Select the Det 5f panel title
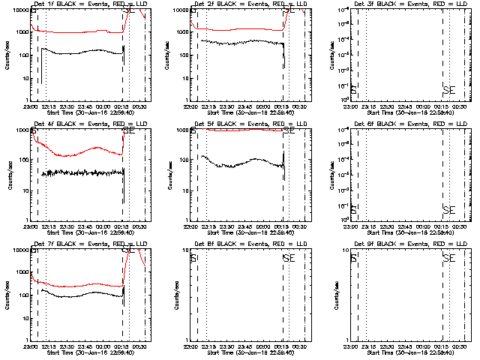click(x=244, y=124)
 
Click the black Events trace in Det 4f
click(x=82, y=172)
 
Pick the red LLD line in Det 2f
click(x=240, y=29)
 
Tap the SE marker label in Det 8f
click(x=289, y=258)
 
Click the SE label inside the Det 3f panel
click(x=448, y=90)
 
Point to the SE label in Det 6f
click(x=448, y=209)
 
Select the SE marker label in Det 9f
click(x=448, y=258)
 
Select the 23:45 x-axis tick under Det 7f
click(x=85, y=347)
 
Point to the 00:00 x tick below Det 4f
click(x=103, y=227)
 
